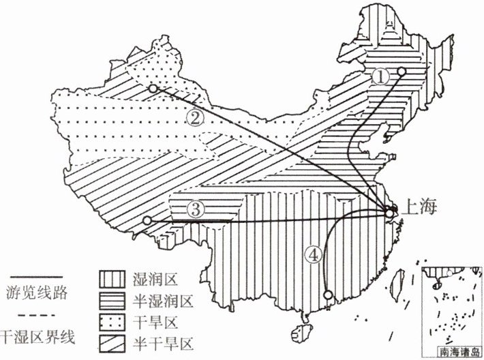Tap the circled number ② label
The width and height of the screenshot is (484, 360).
(194, 117)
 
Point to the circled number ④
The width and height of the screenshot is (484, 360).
(313, 256)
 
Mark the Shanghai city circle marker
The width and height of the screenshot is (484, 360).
(389, 214)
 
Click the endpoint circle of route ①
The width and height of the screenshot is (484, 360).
(402, 71)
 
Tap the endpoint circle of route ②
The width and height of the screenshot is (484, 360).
(153, 89)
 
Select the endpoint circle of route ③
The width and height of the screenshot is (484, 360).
(147, 220)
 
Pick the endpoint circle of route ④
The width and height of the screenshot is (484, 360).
(329, 295)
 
